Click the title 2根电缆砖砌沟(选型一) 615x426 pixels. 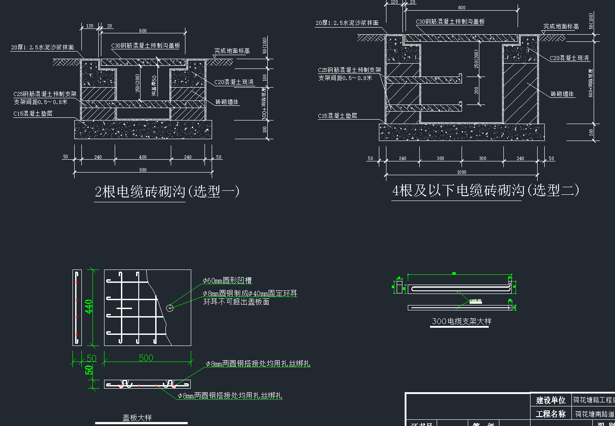(167, 192)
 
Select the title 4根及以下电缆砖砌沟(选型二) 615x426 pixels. (485, 190)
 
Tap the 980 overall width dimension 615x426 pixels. (143, 170)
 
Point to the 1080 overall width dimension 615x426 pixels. (462, 172)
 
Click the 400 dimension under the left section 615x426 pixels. (143, 157)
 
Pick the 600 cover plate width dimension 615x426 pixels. (143, 31)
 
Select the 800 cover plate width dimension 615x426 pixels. (462, 8)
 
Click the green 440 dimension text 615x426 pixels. (89, 307)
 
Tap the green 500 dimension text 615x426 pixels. (146, 358)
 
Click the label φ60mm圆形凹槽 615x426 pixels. (227, 281)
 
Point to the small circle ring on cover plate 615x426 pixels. (170, 308)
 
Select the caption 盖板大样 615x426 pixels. (137, 418)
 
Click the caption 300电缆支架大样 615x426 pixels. (462, 321)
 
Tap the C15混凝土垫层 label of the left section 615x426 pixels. (33, 113)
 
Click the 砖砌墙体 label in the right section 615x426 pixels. (562, 94)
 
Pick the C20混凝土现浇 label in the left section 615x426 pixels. (234, 82)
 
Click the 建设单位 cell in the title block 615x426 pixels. (551, 400)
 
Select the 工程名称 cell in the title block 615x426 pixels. (551, 414)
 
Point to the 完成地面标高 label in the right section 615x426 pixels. (561, 27)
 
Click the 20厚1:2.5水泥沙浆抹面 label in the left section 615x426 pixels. (43, 47)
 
